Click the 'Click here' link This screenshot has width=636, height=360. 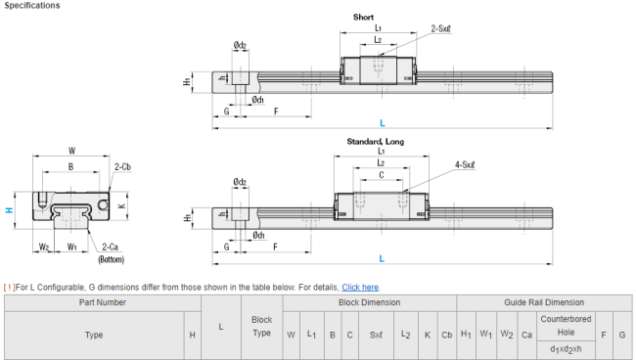[x=360, y=288]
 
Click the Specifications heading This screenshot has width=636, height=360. [x=32, y=5]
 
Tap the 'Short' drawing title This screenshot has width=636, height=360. [x=363, y=17]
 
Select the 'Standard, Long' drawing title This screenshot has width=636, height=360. [x=375, y=142]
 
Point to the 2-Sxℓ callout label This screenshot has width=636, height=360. [x=440, y=28]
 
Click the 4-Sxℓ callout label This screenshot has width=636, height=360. [x=465, y=164]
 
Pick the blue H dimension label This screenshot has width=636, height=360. [x=9, y=210]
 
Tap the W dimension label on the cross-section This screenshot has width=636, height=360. [x=71, y=151]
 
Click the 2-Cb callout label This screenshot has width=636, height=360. [x=122, y=167]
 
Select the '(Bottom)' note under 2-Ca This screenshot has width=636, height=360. [x=112, y=259]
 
